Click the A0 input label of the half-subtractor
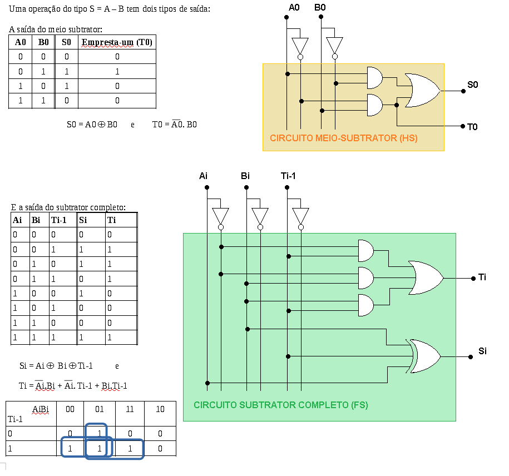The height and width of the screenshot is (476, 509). click(x=294, y=7)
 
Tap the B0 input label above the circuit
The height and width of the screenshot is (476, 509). click(x=320, y=7)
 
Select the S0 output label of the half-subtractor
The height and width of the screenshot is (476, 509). click(x=472, y=85)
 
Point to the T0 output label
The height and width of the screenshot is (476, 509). click(x=472, y=127)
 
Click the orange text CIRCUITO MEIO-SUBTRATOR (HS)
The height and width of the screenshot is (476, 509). click(x=343, y=137)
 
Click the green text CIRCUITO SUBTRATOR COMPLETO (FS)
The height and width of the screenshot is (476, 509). click(x=280, y=405)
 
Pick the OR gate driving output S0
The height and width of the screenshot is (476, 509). click(x=423, y=90)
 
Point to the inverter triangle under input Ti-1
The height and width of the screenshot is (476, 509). click(x=301, y=216)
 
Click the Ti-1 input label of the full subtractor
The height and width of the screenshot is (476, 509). click(x=288, y=176)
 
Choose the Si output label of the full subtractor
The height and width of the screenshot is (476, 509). click(x=482, y=351)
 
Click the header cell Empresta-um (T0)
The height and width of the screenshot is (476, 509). click(x=117, y=42)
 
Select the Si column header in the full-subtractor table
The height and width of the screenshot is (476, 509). click(x=83, y=220)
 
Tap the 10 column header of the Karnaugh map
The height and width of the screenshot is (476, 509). click(x=160, y=409)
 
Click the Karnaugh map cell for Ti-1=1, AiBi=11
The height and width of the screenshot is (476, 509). click(x=130, y=448)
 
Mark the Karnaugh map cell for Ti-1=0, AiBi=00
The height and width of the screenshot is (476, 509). click(x=70, y=433)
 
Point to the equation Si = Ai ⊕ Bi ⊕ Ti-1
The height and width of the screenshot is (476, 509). click(x=56, y=366)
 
